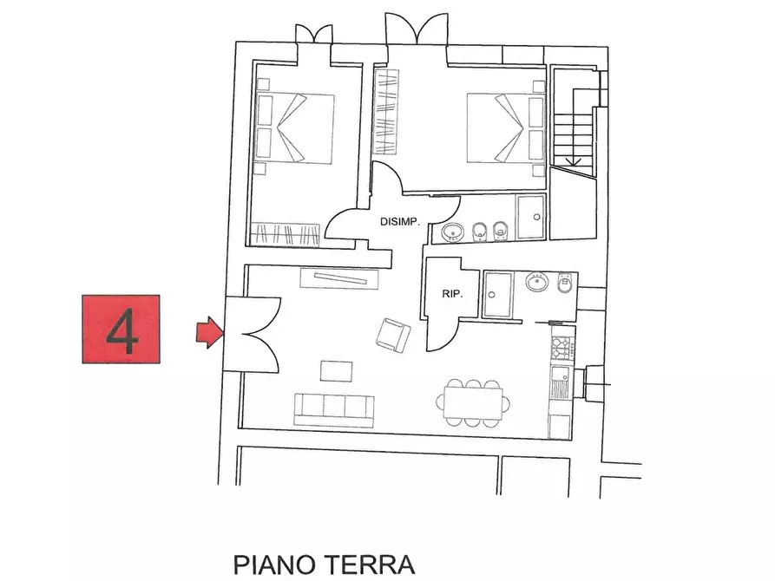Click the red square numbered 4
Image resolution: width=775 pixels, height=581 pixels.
click(121, 329)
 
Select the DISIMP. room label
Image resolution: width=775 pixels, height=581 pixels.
click(400, 222)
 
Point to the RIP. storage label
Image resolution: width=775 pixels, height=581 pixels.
click(452, 294)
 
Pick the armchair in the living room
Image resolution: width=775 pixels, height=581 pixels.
click(394, 335)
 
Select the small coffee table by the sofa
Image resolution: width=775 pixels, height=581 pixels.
click(337, 370)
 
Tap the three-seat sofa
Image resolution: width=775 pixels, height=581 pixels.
click(333, 408)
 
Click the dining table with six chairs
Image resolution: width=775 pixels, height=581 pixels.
click(472, 401)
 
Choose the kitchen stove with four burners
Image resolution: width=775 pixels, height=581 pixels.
click(561, 349)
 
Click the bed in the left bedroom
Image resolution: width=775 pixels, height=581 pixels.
click(295, 128)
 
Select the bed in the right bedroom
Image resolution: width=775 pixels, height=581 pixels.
click(505, 127)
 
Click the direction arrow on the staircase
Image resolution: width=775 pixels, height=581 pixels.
click(571, 161)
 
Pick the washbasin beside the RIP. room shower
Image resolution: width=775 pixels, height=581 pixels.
click(536, 282)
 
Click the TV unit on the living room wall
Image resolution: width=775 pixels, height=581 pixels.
click(339, 278)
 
